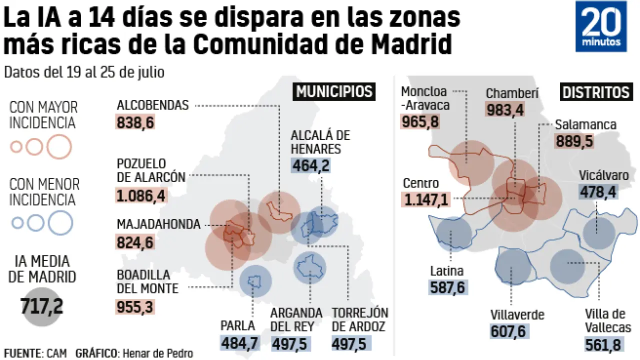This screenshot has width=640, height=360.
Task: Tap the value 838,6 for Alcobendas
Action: [x=135, y=122]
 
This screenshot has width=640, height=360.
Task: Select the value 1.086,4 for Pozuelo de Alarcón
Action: [x=140, y=195]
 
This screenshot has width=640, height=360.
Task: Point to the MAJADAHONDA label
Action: [x=158, y=225]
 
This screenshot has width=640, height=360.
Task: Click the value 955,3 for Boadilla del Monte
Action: [x=135, y=306]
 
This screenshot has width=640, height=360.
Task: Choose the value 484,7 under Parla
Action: [x=238, y=343]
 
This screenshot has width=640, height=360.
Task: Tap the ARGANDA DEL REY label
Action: [x=296, y=320]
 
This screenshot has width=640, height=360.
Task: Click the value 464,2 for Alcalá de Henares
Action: [x=310, y=165]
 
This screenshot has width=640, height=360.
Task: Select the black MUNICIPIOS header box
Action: [x=334, y=92]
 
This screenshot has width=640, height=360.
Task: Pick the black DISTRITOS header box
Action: [x=595, y=92]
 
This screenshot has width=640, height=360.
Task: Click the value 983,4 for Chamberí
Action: [x=505, y=109]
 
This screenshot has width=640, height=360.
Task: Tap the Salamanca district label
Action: [x=585, y=125]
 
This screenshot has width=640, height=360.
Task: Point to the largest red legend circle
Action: [x=60, y=147]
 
